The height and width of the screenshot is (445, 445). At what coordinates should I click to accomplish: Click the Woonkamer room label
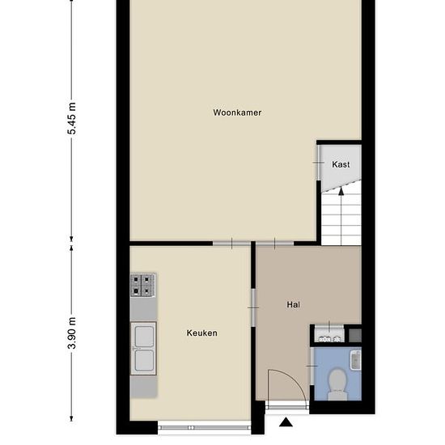[237, 112]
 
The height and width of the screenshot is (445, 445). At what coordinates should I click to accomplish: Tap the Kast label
[341, 164]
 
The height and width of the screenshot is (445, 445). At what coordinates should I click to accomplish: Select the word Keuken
[201, 333]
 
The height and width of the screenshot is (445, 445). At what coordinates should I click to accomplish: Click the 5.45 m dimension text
[71, 119]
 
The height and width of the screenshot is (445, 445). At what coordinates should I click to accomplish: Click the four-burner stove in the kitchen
[142, 285]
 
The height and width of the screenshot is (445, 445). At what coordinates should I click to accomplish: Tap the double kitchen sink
[143, 348]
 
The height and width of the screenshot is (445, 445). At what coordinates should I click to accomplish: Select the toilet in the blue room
[337, 383]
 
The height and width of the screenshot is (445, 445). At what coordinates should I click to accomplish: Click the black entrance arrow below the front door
[286, 422]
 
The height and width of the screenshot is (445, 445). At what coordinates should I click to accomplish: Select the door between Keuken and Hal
[252, 308]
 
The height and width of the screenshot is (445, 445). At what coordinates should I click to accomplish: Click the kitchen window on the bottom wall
[204, 426]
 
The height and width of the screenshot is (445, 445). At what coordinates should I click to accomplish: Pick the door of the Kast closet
[318, 164]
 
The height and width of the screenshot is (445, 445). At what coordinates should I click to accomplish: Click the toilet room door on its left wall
[311, 370]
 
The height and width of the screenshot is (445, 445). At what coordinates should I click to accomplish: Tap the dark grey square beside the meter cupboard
[354, 332]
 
